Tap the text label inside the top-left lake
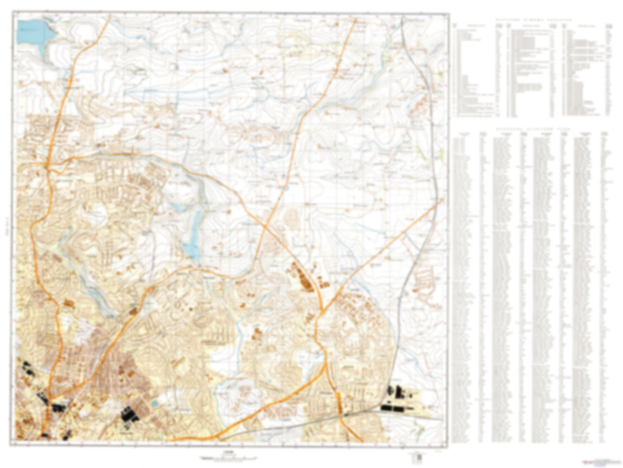click(29, 30)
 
